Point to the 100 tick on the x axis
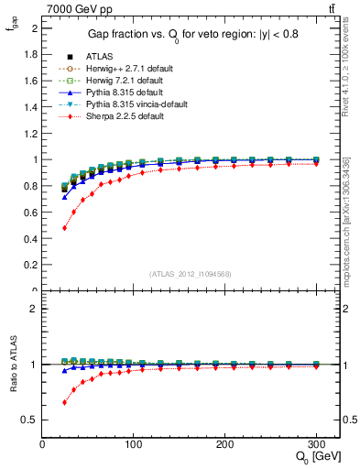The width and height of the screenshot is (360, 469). coord(134,443)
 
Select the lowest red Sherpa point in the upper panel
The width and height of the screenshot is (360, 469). coord(64,227)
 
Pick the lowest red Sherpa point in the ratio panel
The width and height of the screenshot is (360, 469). coord(64,402)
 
